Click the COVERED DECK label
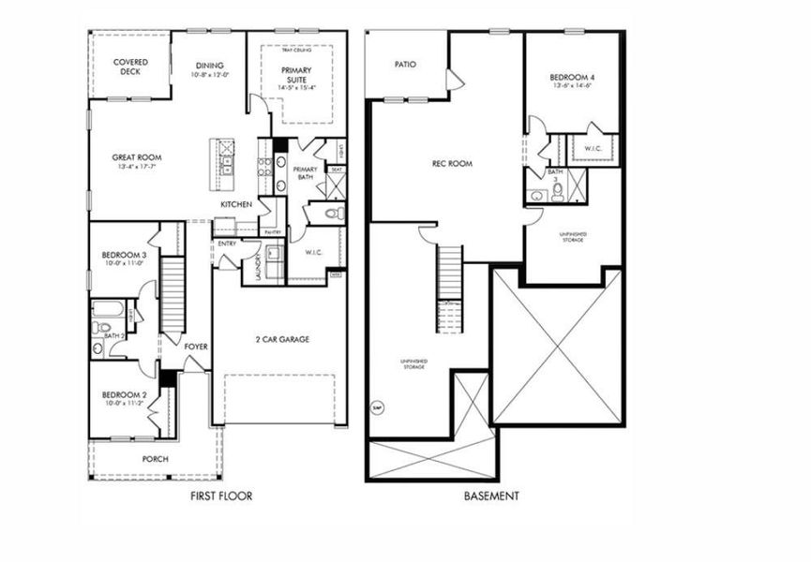[x=129, y=67]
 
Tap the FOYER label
[x=195, y=347]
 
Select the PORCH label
[x=155, y=460]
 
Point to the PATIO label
[x=404, y=65]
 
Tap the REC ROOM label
[x=451, y=163]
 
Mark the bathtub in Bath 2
[x=106, y=309]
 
